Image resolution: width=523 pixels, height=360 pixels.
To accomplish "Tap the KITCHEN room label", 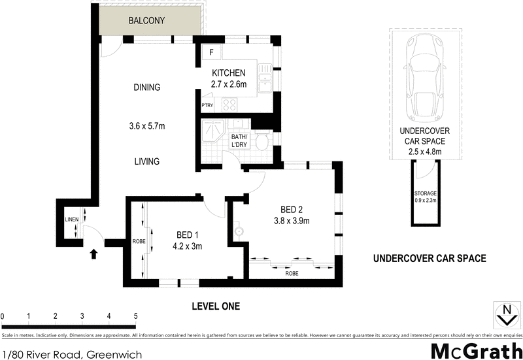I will tap(228, 73).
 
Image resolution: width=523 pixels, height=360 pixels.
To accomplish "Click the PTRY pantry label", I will tap(208, 105).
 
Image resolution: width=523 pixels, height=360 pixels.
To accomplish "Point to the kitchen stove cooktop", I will tap(231, 104).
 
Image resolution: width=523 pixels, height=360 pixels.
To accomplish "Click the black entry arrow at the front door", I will tap(92, 252).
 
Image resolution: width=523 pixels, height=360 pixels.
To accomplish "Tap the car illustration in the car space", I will tap(424, 73).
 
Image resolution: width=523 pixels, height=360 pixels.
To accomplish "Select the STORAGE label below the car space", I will tap(425, 194).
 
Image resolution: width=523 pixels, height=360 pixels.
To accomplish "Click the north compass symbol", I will tap(504, 314).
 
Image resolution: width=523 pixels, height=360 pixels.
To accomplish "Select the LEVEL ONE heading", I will tap(216, 306).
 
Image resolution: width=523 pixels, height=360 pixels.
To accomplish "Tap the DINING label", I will tap(147, 88).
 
